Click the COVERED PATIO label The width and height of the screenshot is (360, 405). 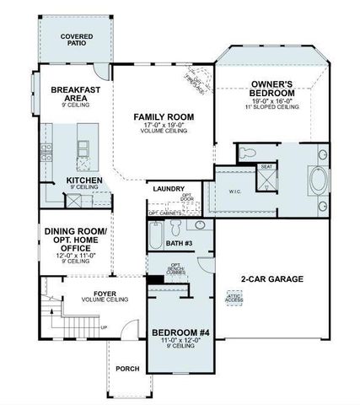pos(77,41)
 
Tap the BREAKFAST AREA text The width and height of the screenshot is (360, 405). pos(77,94)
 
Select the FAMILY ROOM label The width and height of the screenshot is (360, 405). pos(163,119)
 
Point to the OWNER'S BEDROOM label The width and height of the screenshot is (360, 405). pos(271,89)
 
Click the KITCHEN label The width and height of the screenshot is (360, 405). pos(85,181)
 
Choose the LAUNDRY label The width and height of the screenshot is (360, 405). pos(169,189)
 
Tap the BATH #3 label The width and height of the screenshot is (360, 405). pos(180,244)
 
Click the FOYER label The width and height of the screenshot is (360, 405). pos(105,294)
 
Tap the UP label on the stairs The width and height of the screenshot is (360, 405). pos(105,327)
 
